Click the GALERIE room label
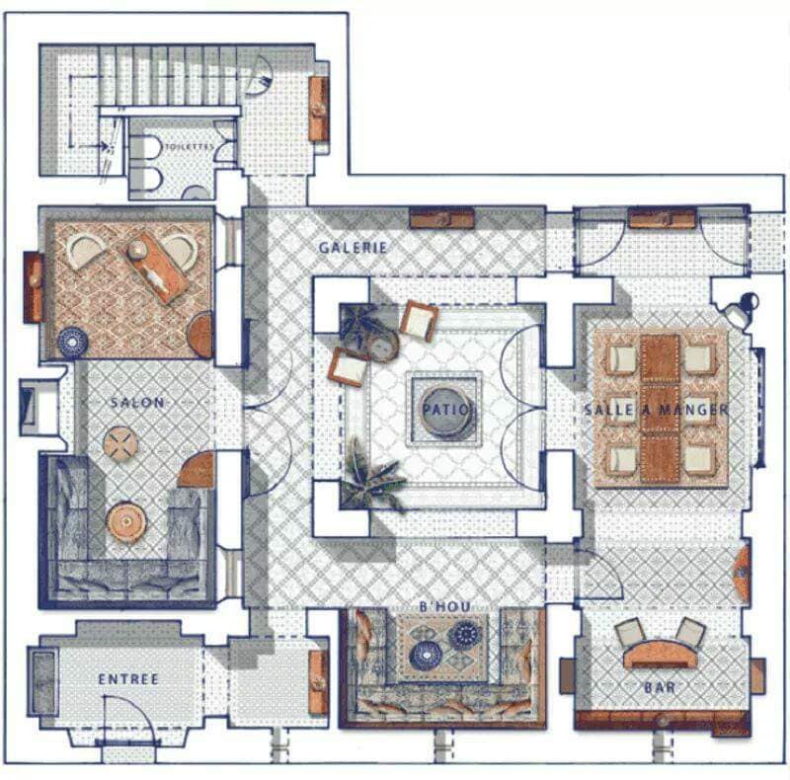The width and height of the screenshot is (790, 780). click(x=354, y=248)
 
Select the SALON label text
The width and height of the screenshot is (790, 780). click(x=137, y=403)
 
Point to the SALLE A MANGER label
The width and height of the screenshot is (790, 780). click(x=657, y=409)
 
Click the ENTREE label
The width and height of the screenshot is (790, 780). click(x=128, y=678)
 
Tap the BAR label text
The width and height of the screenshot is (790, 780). click(x=660, y=687)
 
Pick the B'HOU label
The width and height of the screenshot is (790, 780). click(x=445, y=606)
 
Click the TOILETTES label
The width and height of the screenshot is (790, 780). click(x=189, y=147)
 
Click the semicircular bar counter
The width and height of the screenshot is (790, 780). click(x=661, y=654)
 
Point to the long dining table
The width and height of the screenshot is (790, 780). click(x=660, y=409)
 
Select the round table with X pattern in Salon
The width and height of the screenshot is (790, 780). click(x=120, y=444)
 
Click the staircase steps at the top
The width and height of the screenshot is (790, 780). click(x=169, y=76)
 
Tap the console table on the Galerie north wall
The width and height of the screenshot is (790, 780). click(x=441, y=217)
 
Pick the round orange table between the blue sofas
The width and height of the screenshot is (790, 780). click(x=126, y=522)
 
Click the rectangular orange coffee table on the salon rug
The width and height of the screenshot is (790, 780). click(x=157, y=267)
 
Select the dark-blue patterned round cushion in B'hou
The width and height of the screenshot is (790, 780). click(x=464, y=636)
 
